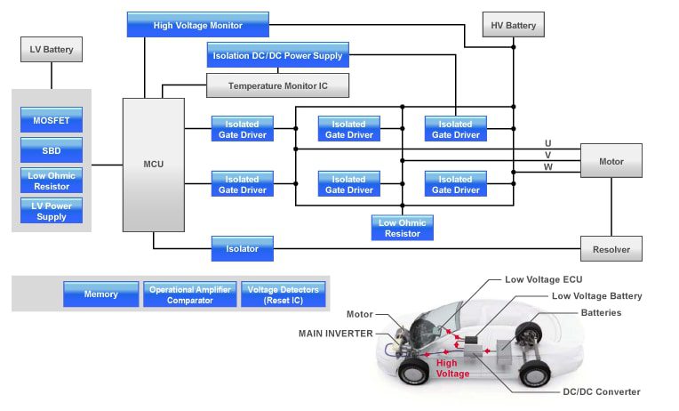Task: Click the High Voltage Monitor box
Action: point(197,25)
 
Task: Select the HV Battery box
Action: point(514,25)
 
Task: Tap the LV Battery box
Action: point(52,50)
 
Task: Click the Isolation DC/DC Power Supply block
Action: point(277,55)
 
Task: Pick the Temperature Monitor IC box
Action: point(277,85)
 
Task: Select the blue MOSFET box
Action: point(52,119)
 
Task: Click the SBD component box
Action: point(52,149)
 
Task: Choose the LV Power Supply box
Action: point(52,211)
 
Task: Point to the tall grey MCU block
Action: point(153,165)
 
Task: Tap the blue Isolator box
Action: point(242,249)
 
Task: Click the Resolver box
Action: point(611,249)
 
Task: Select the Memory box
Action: point(100,294)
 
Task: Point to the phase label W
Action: point(547,167)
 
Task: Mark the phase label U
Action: point(547,142)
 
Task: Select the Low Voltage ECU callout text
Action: point(543,280)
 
